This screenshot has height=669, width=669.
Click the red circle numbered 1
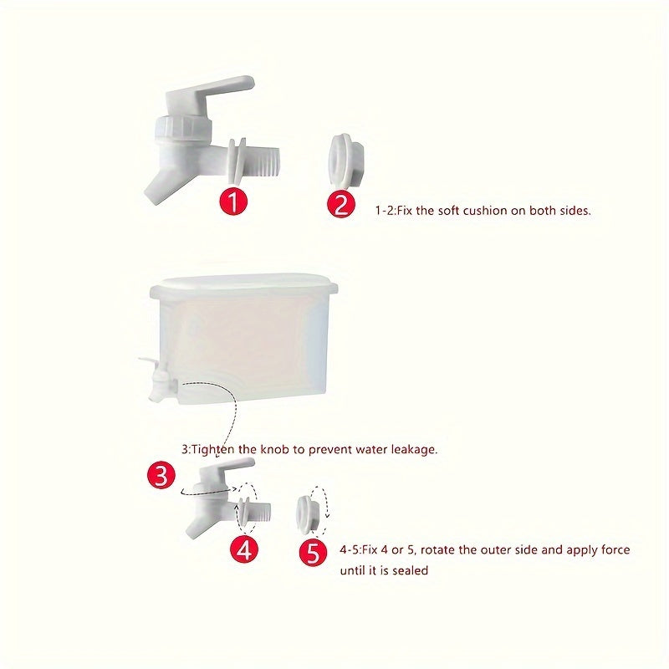click(234, 202)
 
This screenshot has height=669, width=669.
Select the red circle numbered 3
click(161, 476)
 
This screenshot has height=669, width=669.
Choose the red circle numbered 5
click(313, 552)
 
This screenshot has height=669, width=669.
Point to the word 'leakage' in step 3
click(411, 449)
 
